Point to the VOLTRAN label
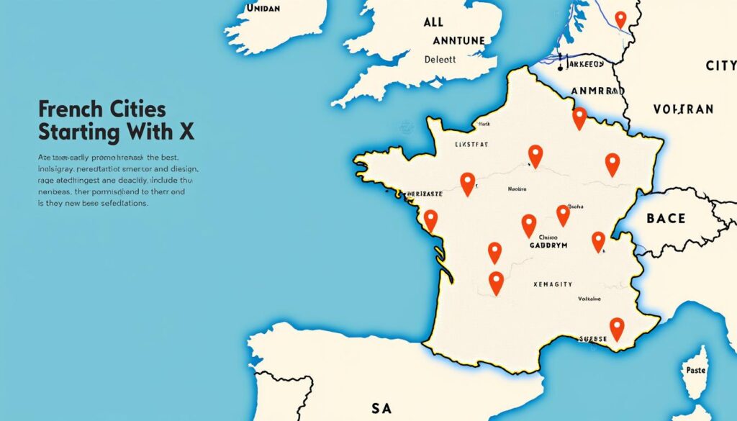pyautogui.click(x=683, y=109)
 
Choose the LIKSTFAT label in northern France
pyautogui.click(x=471, y=145)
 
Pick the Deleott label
pyautogui.click(x=440, y=60)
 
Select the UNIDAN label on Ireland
pyautogui.click(x=263, y=9)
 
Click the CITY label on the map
pyautogui.click(x=720, y=66)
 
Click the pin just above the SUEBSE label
pyautogui.click(x=617, y=328)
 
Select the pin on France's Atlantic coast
pyautogui.click(x=430, y=219)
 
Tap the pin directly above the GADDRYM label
pyautogui.click(x=529, y=224)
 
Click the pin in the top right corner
pyautogui.click(x=620, y=19)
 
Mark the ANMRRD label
pyautogui.click(x=595, y=91)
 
